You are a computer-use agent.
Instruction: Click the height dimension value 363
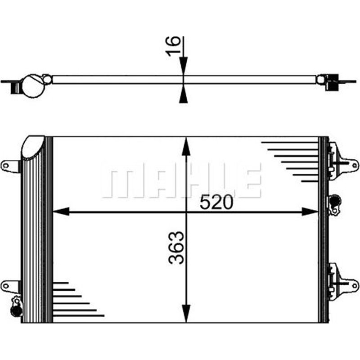[x=176, y=247]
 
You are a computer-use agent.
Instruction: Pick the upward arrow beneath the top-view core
[x=184, y=95]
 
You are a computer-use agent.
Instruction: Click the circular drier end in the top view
[x=33, y=86]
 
